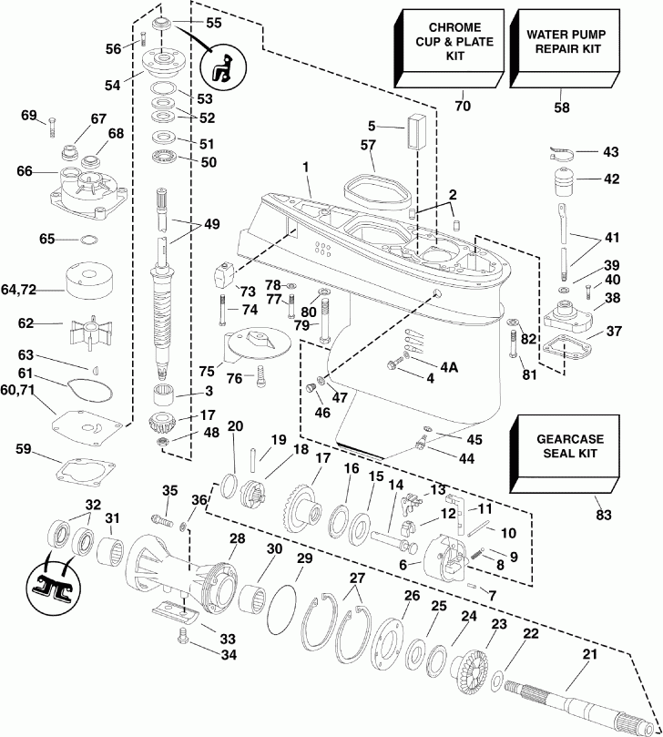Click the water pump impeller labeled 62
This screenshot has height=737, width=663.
pyautogui.click(x=88, y=325)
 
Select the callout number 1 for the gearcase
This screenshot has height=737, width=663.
pyautogui.click(x=306, y=167)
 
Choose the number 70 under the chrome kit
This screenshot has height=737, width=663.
pyautogui.click(x=463, y=107)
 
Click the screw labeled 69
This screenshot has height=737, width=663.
pyautogui.click(x=54, y=128)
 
